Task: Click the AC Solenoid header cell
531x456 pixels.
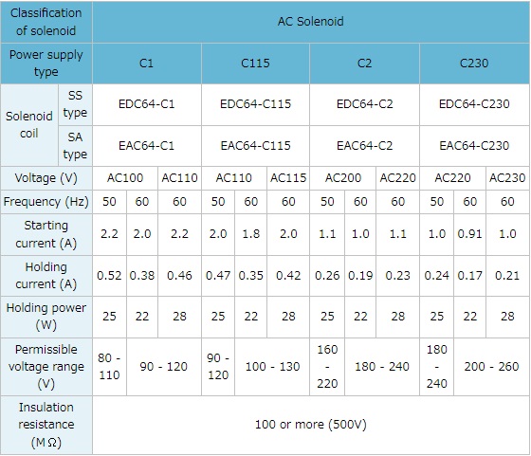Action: pos(311,22)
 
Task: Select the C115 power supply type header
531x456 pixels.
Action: pos(255,64)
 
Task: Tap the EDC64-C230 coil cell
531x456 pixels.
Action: pos(474,104)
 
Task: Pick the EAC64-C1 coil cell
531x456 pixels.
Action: pos(147,146)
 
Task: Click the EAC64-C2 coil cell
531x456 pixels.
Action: pos(364,146)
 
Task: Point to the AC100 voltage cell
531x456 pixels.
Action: pos(125,178)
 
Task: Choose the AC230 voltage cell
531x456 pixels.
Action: pos(507,178)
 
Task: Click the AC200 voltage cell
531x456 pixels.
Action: pos(342,178)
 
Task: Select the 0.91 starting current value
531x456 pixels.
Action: pos(469,234)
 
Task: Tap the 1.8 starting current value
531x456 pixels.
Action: pos(251,234)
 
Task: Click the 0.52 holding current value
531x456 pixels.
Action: pos(109,276)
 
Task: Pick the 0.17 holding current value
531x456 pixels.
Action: pos(469,276)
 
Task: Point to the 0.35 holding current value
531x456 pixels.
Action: pos(251,276)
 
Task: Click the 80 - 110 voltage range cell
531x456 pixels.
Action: pos(109,367)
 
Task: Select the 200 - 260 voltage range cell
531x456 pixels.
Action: pos(491,367)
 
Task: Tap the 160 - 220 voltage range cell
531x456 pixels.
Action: pos(327,367)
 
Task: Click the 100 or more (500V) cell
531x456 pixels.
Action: pos(311,425)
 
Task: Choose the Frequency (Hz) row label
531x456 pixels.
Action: pos(46,202)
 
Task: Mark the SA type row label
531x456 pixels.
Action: pos(75,146)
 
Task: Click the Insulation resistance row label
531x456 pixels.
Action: pos(46,425)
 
